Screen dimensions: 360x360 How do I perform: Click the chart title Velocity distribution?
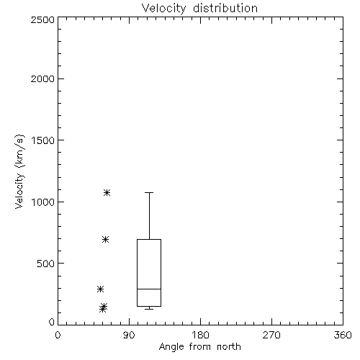(199, 9)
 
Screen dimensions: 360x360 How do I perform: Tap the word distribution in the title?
(225, 9)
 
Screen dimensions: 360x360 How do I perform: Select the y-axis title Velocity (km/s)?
(19, 171)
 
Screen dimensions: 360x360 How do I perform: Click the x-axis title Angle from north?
(200, 346)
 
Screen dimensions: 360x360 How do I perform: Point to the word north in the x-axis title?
(229, 346)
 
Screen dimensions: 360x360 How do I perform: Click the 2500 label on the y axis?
(42, 19)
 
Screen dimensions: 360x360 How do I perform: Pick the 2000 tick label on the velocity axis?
(42, 78)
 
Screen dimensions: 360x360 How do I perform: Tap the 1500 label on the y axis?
(43, 140)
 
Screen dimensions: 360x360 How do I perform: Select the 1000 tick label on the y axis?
(43, 202)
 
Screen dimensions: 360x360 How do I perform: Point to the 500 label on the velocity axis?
(46, 264)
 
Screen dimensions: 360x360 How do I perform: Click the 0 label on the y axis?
(52, 322)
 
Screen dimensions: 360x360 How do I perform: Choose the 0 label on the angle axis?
(58, 335)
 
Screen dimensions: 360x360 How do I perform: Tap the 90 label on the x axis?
(129, 335)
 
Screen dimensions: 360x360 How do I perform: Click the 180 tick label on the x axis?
(200, 335)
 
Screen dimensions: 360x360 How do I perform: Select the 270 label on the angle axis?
(271, 335)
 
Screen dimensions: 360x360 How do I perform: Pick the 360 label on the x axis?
(343, 335)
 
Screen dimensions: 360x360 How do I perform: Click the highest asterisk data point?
(107, 192)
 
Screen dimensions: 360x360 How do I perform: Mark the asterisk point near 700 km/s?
(105, 239)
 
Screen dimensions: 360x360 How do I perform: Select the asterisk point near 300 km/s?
(100, 289)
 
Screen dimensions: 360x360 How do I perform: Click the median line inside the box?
(149, 289)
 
